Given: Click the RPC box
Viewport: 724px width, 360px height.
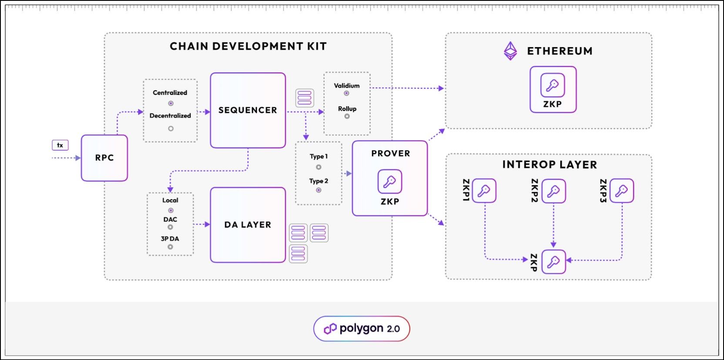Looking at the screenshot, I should click(104, 158).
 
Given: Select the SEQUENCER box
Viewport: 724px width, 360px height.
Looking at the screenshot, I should click(248, 110).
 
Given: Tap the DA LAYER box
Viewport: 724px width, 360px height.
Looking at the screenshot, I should click(248, 225).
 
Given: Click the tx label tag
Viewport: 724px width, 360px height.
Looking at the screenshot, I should click(60, 145).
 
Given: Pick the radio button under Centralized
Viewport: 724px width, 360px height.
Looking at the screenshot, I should click(171, 103).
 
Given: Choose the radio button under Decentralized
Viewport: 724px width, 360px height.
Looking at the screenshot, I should click(171, 128).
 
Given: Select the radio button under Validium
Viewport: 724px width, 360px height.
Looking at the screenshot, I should click(346, 93).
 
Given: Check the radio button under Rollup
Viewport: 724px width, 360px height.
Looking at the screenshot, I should click(347, 116).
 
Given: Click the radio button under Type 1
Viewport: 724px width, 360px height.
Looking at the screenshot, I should click(318, 167).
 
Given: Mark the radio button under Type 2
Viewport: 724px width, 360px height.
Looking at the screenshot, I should click(318, 190).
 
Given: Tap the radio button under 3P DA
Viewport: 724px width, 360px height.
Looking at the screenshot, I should click(170, 247).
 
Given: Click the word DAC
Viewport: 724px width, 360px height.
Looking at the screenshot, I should click(170, 219).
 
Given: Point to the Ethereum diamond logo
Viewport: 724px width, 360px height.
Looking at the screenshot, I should click(510, 51).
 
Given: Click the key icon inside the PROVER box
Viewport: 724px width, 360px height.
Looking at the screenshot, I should click(390, 182).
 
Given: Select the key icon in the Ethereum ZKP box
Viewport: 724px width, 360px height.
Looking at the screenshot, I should click(553, 85).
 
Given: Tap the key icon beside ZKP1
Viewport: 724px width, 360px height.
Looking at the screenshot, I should click(484, 191).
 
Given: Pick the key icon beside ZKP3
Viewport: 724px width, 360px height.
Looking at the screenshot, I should click(622, 191).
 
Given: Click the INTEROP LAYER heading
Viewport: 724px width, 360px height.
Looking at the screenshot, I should click(550, 165).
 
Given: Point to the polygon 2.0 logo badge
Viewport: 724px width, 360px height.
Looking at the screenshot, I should click(362, 329).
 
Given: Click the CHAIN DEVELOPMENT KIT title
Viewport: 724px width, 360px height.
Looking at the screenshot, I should click(248, 46).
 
